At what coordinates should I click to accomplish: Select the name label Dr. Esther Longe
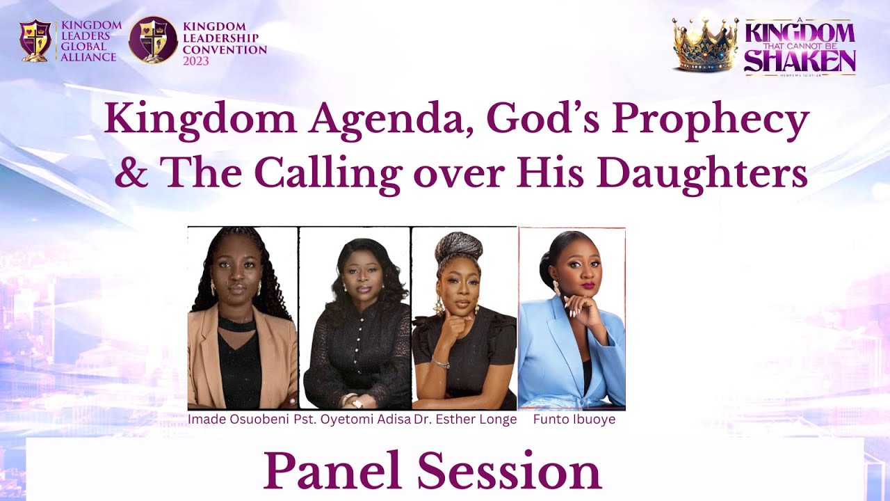465,420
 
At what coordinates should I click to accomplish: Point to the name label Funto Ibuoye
574,420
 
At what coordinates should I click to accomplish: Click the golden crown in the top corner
704,45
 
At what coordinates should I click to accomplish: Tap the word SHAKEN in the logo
800,61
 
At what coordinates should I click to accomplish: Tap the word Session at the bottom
509,471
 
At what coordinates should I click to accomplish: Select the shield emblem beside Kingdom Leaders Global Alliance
35,40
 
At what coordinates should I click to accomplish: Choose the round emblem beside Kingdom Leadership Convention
153,40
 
